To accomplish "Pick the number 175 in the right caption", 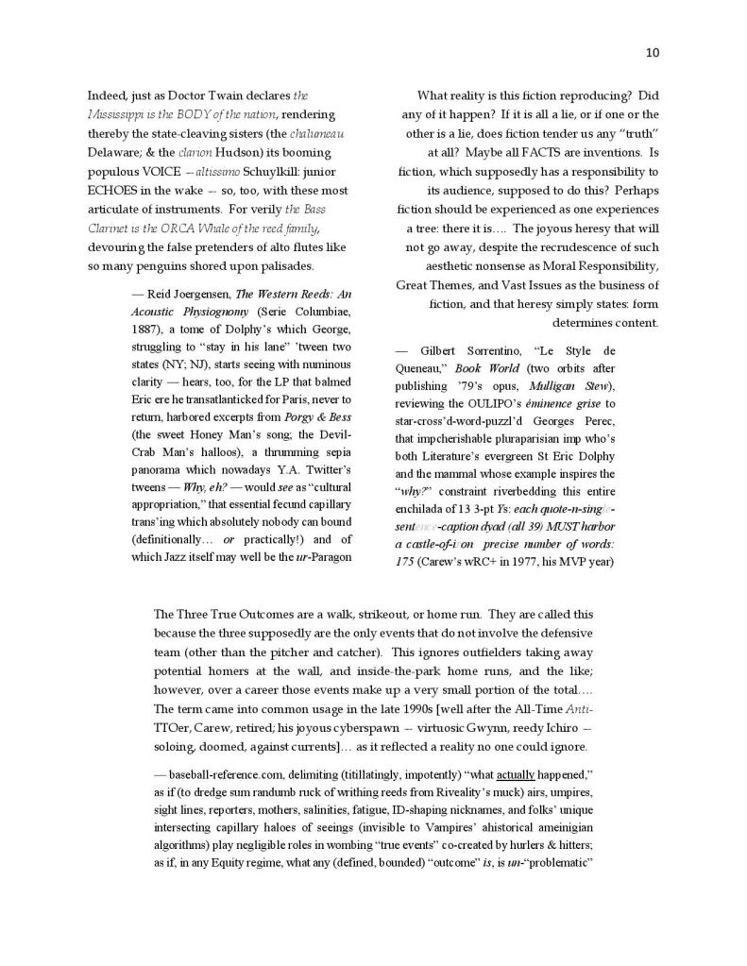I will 406,561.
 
